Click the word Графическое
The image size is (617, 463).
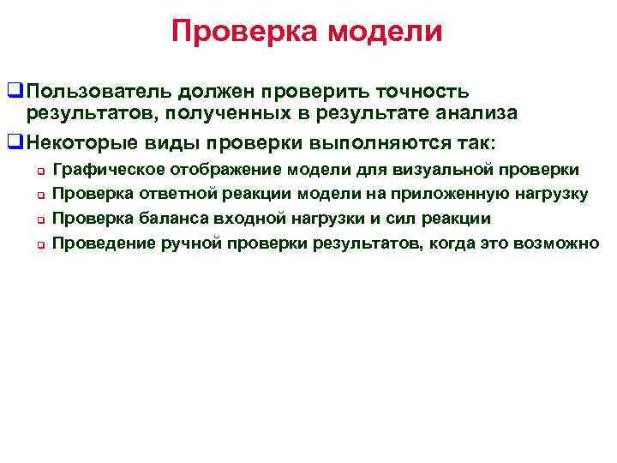(111, 170)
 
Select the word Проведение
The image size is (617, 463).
(105, 242)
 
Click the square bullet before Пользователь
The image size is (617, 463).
(13, 90)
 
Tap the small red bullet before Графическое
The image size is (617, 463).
(39, 171)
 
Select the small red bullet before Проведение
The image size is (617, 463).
(39, 243)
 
